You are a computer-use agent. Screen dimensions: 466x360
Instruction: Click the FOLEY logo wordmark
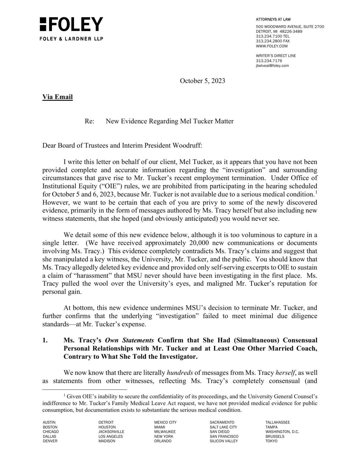click(x=71, y=24)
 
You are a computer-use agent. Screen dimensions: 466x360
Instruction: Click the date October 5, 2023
click(x=202, y=81)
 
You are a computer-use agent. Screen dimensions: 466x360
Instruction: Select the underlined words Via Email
click(x=57, y=97)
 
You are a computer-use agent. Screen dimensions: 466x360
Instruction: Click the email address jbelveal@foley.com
click(x=272, y=66)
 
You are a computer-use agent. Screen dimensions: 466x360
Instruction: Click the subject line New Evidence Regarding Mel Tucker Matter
click(x=170, y=121)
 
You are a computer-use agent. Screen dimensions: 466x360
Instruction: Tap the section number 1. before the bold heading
click(x=45, y=340)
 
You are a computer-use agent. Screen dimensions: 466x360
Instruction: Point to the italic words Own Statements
click(x=129, y=340)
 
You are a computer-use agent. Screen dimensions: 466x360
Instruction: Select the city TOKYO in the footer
click(x=271, y=441)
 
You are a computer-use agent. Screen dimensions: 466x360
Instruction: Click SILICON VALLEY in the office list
click(x=223, y=441)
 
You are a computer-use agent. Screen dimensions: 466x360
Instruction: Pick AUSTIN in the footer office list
click(x=49, y=422)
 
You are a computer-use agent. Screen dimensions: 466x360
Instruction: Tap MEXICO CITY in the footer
click(x=165, y=422)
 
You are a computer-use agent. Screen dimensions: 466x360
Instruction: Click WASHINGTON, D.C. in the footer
click(x=282, y=432)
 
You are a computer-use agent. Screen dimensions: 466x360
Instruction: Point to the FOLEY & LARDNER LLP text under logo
click(x=71, y=39)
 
